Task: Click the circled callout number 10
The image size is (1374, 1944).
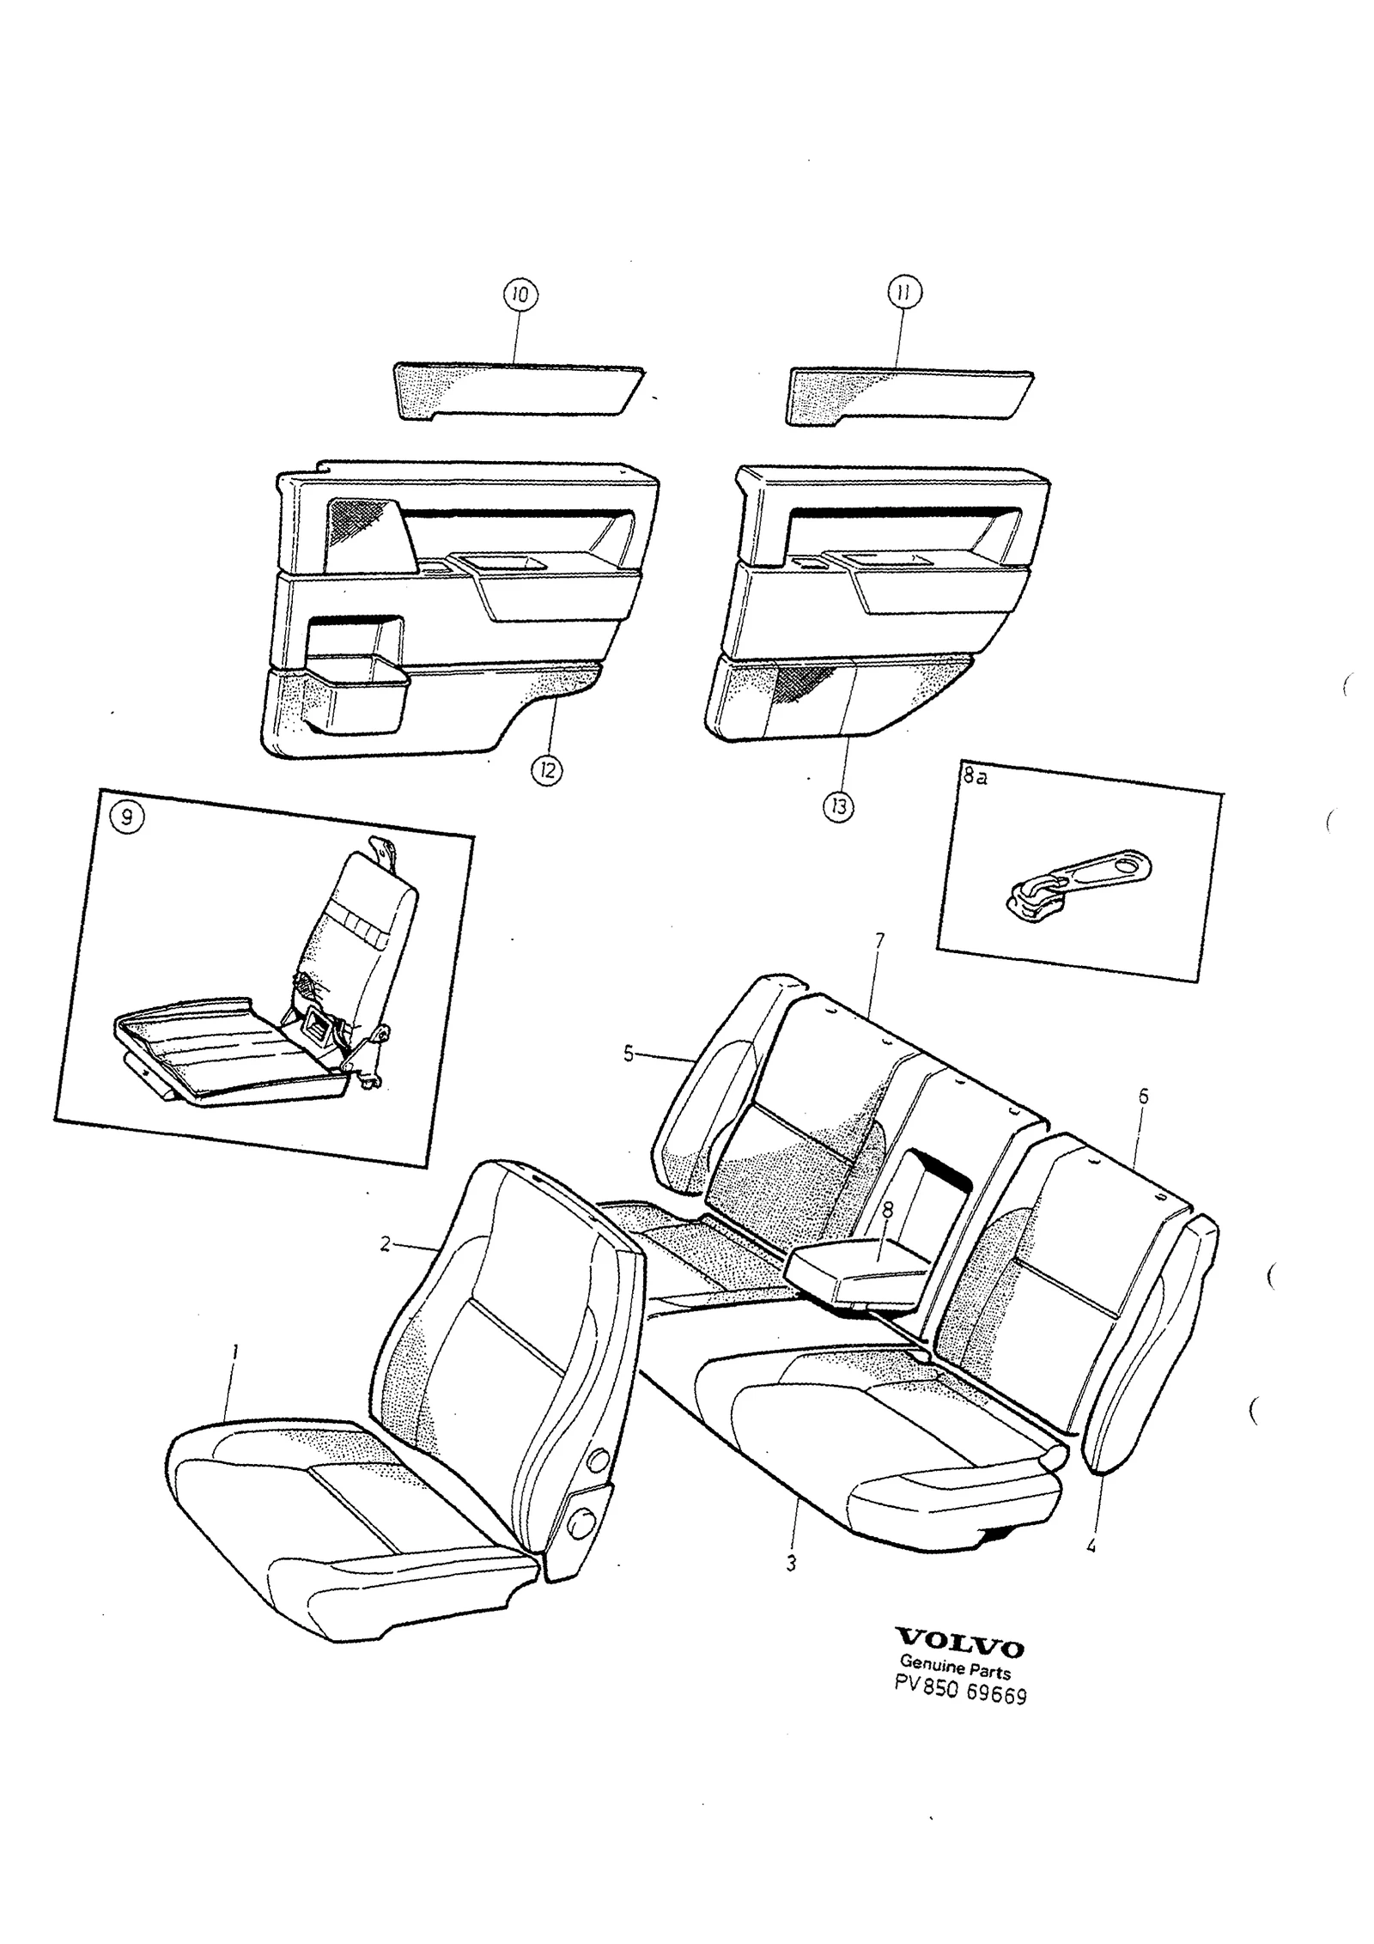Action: [x=520, y=295]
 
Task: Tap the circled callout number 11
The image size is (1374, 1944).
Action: [x=903, y=294]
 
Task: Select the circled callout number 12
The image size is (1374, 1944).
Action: [x=547, y=770]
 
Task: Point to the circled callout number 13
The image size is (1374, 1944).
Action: [x=839, y=806]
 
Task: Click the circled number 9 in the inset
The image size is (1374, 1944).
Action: [x=127, y=817]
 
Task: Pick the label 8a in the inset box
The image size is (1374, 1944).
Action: [x=974, y=778]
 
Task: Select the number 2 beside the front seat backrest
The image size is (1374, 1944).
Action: [x=386, y=1243]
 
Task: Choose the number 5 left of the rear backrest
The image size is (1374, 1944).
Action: [x=629, y=1054]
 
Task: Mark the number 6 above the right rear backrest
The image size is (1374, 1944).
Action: [x=1143, y=1097]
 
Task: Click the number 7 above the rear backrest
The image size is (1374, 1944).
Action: [x=879, y=942]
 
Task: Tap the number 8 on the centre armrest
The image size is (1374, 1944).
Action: [x=888, y=1210]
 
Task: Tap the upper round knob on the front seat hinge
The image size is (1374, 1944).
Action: [x=598, y=1460]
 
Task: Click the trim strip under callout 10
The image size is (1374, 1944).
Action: [x=518, y=392]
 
